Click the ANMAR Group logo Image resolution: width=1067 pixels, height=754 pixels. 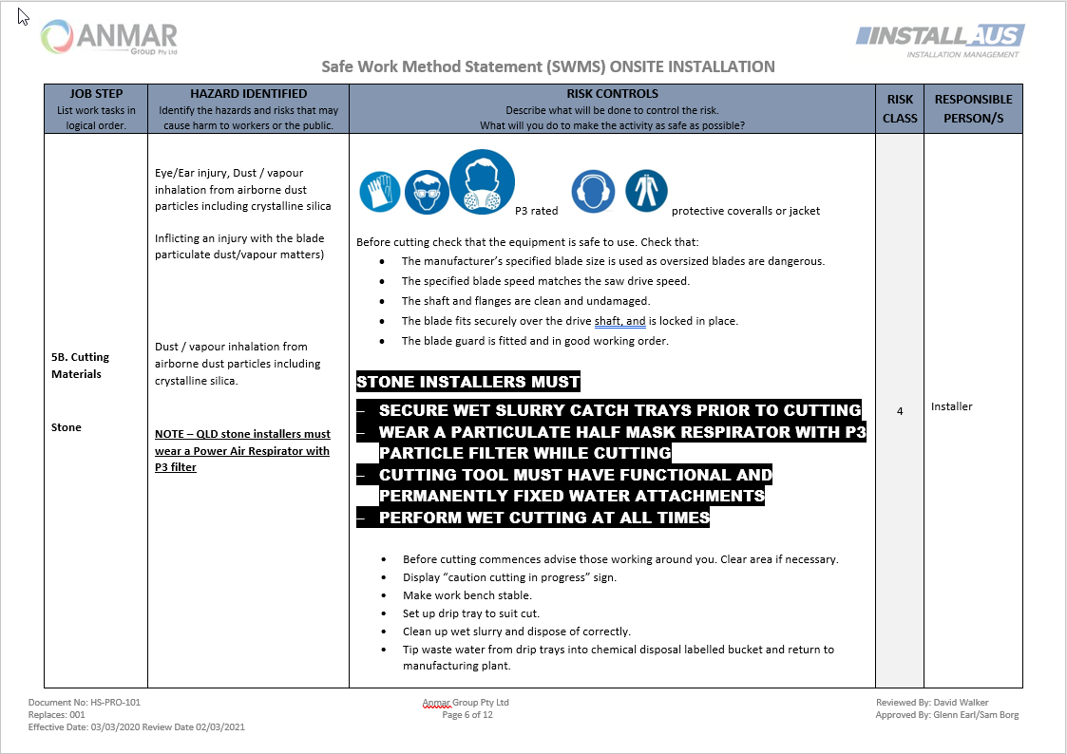pyautogui.click(x=109, y=38)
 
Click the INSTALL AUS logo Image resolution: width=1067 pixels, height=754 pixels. pyautogui.click(x=939, y=39)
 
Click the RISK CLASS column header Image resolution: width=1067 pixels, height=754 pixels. pyautogui.click(x=900, y=108)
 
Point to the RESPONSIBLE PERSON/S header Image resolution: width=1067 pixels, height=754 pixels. pyautogui.click(x=973, y=108)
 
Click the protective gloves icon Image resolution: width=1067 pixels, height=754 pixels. pyautogui.click(x=380, y=192)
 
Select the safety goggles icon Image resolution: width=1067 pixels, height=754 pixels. pyautogui.click(x=427, y=193)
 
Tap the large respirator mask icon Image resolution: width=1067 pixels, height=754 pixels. pyautogui.click(x=482, y=181)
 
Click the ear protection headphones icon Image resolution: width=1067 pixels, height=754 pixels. pyautogui.click(x=592, y=192)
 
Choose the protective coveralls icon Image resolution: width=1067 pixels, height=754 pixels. pyautogui.click(x=646, y=192)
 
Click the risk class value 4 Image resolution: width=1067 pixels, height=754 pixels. pyautogui.click(x=899, y=411)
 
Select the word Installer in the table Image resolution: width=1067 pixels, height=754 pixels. pyautogui.click(x=952, y=406)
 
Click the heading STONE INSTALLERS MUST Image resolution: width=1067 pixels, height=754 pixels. pyautogui.click(x=468, y=383)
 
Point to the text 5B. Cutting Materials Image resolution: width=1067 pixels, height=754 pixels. pyautogui.click(x=81, y=366)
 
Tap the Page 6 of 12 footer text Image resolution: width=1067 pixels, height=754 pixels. pyautogui.click(x=467, y=715)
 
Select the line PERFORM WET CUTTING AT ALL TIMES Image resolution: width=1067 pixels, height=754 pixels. pyautogui.click(x=543, y=518)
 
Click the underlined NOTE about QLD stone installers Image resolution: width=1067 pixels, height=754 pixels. pyautogui.click(x=242, y=450)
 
